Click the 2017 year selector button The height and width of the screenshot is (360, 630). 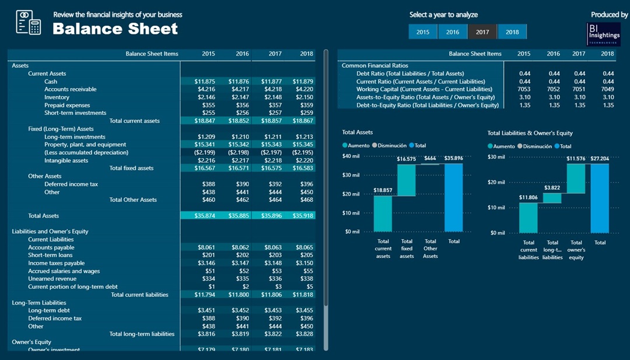coord(482,32)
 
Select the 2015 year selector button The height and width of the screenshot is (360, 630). coord(423,32)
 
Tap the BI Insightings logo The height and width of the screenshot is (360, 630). coord(604,34)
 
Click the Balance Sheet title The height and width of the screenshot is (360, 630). coord(115,29)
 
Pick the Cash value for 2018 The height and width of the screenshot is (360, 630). coord(303,82)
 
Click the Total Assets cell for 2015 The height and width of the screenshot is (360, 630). coord(204,216)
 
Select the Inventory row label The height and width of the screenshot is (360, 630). coord(57,97)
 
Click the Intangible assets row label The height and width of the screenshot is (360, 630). coord(66,160)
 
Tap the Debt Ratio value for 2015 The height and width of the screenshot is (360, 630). coord(524,74)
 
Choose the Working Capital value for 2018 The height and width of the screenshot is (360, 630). coord(608,89)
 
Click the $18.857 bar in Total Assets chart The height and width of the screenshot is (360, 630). coord(383,214)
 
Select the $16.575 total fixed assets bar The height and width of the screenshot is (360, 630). coord(407,180)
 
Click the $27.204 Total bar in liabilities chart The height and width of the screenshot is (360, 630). coord(600,198)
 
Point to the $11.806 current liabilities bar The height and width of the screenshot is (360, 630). coord(528,218)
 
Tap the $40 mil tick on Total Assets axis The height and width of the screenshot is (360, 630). coord(351,156)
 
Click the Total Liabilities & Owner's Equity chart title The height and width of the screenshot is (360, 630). coord(530,133)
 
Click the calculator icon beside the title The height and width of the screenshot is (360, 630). coord(28,22)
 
